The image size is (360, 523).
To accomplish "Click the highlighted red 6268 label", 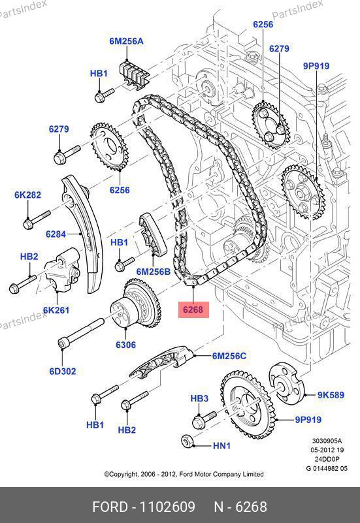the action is click(193, 310).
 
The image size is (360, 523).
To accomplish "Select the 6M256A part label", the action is click(126, 41).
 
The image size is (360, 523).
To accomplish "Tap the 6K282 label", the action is click(27, 195).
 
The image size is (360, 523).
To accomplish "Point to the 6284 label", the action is click(56, 234).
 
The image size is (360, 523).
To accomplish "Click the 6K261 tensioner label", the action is click(56, 310).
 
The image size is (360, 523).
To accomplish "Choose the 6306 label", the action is click(126, 345).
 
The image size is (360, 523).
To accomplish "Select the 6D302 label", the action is click(63, 372).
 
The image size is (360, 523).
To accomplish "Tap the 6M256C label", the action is click(229, 357).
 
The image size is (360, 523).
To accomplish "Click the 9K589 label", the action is click(331, 395).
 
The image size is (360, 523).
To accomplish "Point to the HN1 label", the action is click(221, 445).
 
